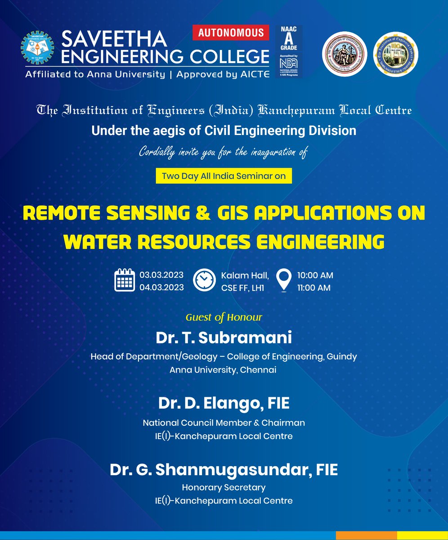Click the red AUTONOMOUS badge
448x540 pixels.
(231, 33)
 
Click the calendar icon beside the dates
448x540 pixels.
(125, 280)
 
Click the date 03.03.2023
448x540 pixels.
(161, 275)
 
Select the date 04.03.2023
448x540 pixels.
(161, 287)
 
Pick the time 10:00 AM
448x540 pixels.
(315, 275)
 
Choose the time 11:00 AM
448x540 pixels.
(314, 287)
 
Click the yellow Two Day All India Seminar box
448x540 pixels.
(224, 176)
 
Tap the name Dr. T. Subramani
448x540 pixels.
(224, 337)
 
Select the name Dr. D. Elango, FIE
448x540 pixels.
(224, 403)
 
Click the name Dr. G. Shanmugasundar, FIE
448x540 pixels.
(224, 470)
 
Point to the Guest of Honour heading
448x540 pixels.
(224, 317)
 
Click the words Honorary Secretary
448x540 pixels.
(224, 487)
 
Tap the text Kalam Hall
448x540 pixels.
(245, 275)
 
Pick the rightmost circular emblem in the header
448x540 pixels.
(396, 54)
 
